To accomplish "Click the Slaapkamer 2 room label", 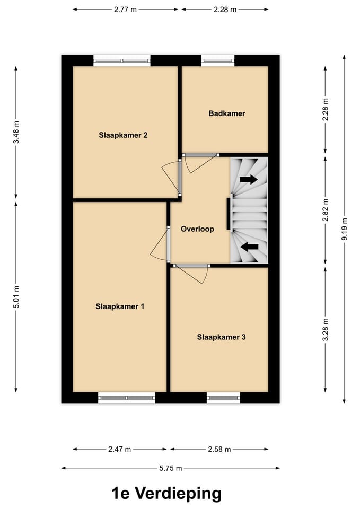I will point(123,135).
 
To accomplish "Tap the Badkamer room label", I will point(227,113).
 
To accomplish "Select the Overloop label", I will point(197,230).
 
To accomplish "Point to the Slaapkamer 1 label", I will point(120,306).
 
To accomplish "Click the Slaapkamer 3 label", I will point(221,337).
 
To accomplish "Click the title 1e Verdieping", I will point(166,494).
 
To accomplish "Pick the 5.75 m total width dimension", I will point(171,468).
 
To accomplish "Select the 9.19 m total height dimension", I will point(345,230).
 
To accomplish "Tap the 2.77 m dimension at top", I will point(126,10).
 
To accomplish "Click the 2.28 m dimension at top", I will point(225,10).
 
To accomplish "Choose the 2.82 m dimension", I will point(326,209).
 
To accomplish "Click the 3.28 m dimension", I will point(326,330).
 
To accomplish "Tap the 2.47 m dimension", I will point(119,450).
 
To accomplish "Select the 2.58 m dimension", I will point(220,450).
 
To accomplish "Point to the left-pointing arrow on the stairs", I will point(249,246).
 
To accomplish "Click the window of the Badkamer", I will point(218,60).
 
